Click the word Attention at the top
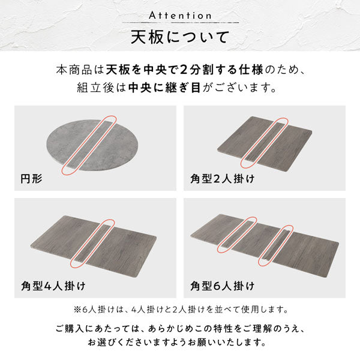pyautogui.click(x=180, y=14)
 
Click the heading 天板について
pyautogui.click(x=180, y=37)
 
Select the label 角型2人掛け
pyautogui.click(x=222, y=178)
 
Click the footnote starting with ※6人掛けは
pyautogui.click(x=180, y=310)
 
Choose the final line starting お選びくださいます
pyautogui.click(x=180, y=344)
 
